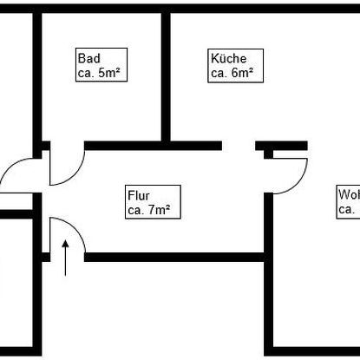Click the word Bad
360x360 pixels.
coord(88,58)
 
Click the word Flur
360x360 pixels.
coord(139,195)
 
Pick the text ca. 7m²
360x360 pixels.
coord(147,209)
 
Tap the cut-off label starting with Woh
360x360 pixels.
coord(349,195)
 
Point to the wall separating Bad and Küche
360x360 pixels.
coord(166,74)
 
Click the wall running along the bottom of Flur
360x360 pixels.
coord(173,257)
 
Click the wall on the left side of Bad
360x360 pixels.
coord(38,74)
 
